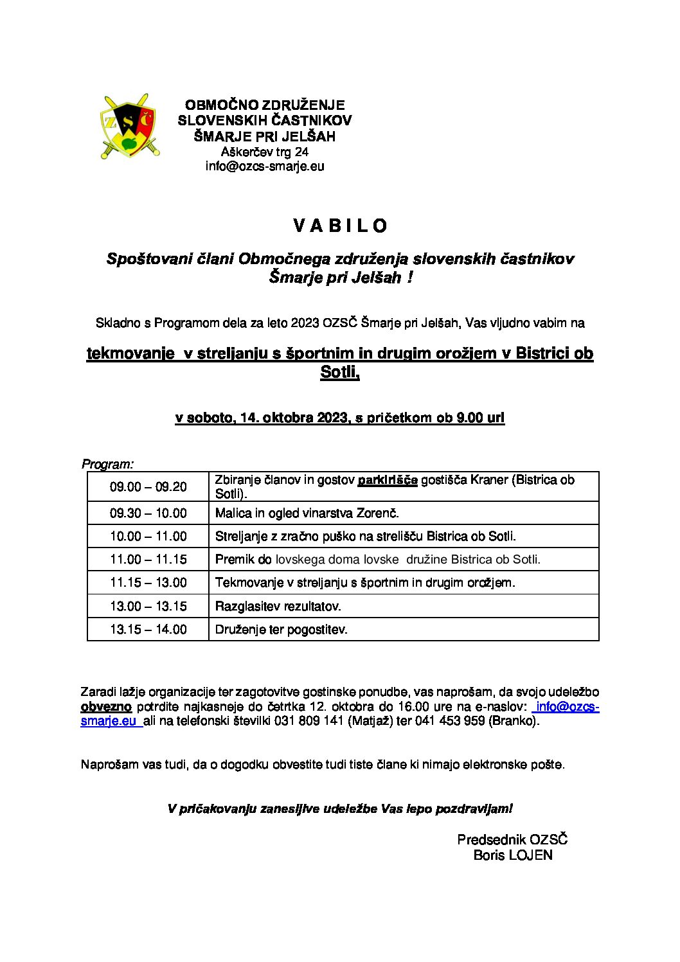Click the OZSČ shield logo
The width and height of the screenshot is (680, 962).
pyautogui.click(x=129, y=127)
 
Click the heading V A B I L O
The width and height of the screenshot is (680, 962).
pyautogui.click(x=340, y=226)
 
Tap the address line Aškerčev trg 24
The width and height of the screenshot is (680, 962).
pyautogui.click(x=264, y=152)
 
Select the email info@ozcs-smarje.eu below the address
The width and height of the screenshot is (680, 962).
pyautogui.click(x=264, y=166)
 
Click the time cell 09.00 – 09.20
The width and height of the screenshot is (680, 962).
pyautogui.click(x=148, y=486)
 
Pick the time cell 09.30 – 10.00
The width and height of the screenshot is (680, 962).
pyautogui.click(x=148, y=513)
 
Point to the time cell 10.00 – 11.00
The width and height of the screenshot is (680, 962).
pyautogui.click(x=148, y=536)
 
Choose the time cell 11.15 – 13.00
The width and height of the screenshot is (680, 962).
pyautogui.click(x=148, y=582)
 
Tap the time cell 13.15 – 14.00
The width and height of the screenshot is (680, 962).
pyautogui.click(x=148, y=629)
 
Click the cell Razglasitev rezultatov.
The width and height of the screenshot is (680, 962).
pyautogui.click(x=278, y=606)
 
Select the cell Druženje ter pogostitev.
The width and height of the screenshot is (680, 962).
pyautogui.click(x=281, y=629)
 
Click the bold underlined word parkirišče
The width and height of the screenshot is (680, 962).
pyautogui.click(x=388, y=480)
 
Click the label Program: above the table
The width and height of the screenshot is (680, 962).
pyautogui.click(x=107, y=464)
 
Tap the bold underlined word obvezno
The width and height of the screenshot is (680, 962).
pyautogui.click(x=106, y=706)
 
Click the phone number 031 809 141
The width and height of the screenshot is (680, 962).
pyautogui.click(x=309, y=720)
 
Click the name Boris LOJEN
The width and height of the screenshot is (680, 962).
pyautogui.click(x=512, y=855)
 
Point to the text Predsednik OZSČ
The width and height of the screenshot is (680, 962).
pyautogui.click(x=512, y=839)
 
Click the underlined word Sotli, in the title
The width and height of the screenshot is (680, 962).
pyautogui.click(x=340, y=372)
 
